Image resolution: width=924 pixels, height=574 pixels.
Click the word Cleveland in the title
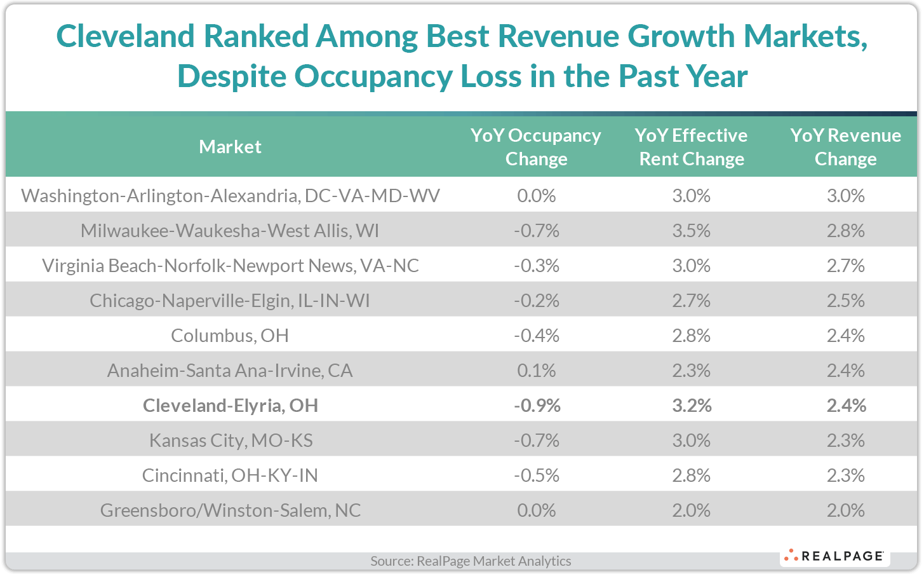(125, 36)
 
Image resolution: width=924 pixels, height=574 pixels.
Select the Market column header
(230, 147)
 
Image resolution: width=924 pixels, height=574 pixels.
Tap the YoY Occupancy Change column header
(536, 147)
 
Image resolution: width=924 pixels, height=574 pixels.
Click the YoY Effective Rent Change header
(691, 147)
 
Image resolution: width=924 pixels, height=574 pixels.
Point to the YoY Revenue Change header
(845, 147)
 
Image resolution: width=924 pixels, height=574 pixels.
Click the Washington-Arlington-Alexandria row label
(230, 195)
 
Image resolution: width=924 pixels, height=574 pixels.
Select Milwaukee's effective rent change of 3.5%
(691, 230)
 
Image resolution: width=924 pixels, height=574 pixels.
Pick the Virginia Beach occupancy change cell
(536, 265)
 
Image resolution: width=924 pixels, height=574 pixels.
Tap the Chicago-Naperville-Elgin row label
(230, 300)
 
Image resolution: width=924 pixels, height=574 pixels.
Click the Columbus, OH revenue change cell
(845, 335)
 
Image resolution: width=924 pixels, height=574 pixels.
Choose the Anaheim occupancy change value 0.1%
(536, 370)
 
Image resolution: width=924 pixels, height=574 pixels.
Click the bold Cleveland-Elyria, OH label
(230, 405)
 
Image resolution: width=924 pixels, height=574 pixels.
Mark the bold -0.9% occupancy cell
(537, 405)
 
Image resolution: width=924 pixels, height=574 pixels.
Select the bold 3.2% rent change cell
(692, 405)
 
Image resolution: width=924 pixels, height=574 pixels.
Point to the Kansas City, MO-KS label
(231, 440)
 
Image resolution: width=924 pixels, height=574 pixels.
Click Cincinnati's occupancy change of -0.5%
(536, 475)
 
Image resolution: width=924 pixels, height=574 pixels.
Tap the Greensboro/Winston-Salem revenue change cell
(845, 510)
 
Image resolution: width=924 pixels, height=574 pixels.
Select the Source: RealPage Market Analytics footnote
(471, 561)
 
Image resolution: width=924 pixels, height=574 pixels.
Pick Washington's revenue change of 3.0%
(845, 195)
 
